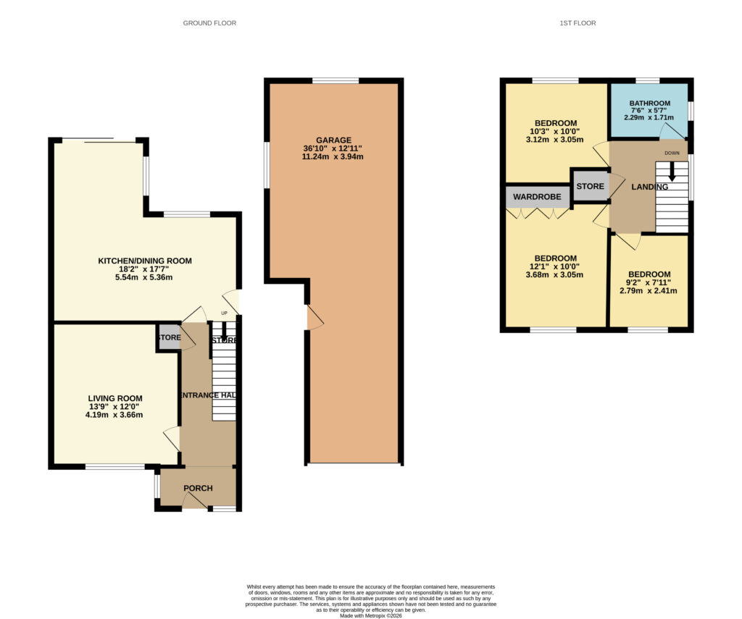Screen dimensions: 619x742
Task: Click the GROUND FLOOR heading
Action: coord(209,23)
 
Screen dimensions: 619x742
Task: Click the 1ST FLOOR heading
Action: coord(578,23)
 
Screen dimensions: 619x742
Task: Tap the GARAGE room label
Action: coord(333,140)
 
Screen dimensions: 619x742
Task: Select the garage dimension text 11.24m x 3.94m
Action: coord(333,156)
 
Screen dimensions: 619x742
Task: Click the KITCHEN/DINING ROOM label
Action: coord(145,261)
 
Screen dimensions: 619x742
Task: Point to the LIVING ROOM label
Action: coord(115,398)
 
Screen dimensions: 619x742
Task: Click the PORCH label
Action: coord(198,488)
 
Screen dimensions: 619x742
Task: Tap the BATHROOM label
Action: coord(649,104)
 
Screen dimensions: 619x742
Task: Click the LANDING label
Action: coord(649,187)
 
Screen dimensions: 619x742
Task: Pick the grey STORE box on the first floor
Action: coord(590,187)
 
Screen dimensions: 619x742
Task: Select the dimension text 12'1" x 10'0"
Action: coord(555,266)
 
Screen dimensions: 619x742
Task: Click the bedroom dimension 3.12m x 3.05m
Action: coord(555,139)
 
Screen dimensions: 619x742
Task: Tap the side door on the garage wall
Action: coord(313,317)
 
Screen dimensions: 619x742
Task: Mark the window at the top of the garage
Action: coord(335,80)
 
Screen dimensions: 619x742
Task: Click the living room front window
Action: coord(114,466)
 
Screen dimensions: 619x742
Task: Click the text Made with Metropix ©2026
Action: coord(370,615)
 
